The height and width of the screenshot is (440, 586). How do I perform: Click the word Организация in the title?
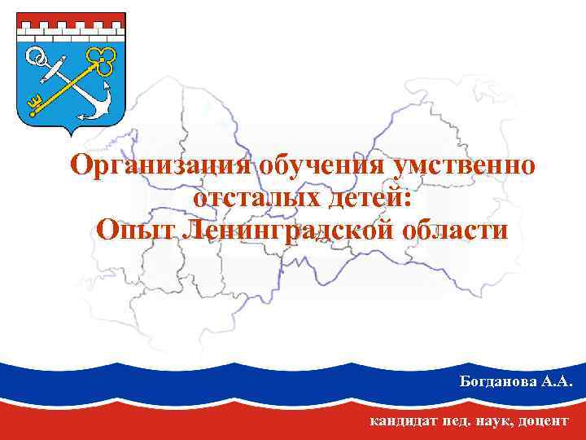tap(164, 165)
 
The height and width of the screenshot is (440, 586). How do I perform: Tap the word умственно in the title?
tap(465, 165)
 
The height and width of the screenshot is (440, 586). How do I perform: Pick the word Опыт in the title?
tap(134, 230)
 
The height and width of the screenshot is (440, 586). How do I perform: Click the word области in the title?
tap(455, 230)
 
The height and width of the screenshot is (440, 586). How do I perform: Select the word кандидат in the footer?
tap(402, 421)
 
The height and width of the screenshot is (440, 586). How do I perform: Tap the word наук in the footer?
tap(493, 421)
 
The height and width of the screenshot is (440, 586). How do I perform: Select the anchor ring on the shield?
tap(35, 56)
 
